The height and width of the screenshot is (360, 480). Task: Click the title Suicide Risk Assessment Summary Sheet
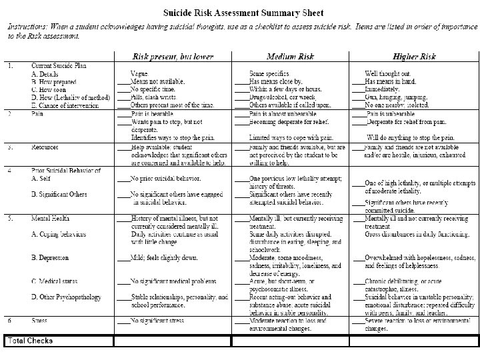[x=239, y=13]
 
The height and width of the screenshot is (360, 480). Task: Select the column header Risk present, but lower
[x=173, y=57]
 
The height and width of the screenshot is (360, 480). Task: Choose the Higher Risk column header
[x=415, y=57]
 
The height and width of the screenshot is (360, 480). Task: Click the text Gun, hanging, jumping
[x=396, y=95]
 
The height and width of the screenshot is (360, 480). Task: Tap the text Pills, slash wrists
[x=154, y=95]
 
